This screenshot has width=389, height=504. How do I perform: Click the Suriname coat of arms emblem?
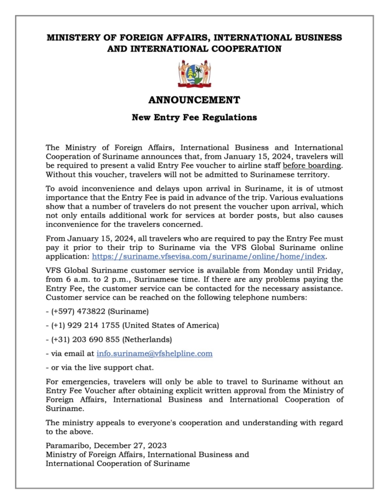[x=194, y=74]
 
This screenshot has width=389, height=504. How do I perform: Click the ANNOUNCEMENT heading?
[x=194, y=100]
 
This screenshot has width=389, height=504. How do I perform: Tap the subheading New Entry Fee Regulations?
[x=194, y=118]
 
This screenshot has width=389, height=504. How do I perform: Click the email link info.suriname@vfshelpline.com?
[x=154, y=353]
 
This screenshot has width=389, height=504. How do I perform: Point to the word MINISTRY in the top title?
[x=70, y=37]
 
